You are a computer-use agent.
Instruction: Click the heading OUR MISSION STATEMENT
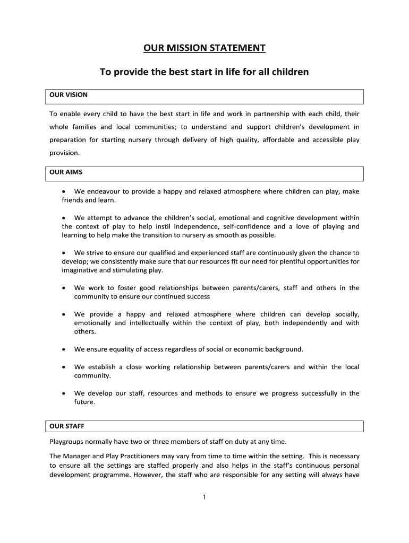tap(204, 49)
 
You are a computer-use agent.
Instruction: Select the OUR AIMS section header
tap(66, 172)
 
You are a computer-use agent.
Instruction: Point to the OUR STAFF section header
tap(67, 426)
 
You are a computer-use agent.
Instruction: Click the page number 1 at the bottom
tap(204, 497)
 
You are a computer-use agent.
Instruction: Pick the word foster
tap(118, 288)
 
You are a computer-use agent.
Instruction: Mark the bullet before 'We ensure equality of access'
tap(63, 349)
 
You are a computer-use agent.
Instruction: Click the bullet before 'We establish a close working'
tap(63, 367)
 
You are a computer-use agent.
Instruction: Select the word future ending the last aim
tap(84, 402)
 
